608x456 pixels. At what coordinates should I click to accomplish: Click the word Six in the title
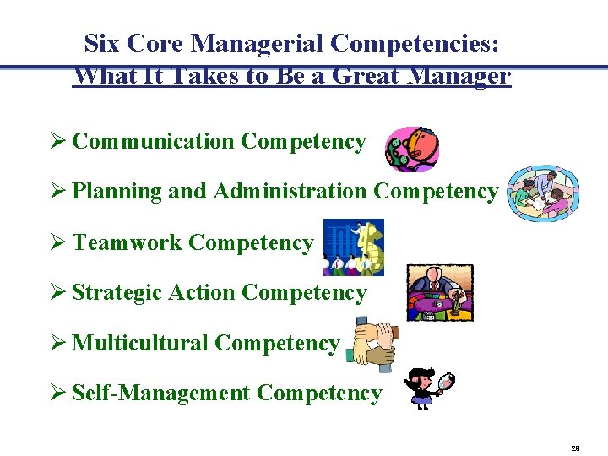103,43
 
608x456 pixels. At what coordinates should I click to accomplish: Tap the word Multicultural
139,344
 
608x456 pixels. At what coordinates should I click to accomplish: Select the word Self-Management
160,394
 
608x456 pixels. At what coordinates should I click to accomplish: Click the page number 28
575,448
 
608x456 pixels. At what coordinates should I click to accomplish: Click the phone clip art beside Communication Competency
411,149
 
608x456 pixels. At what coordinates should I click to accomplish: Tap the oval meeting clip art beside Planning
543,193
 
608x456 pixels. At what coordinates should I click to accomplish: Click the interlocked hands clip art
372,345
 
